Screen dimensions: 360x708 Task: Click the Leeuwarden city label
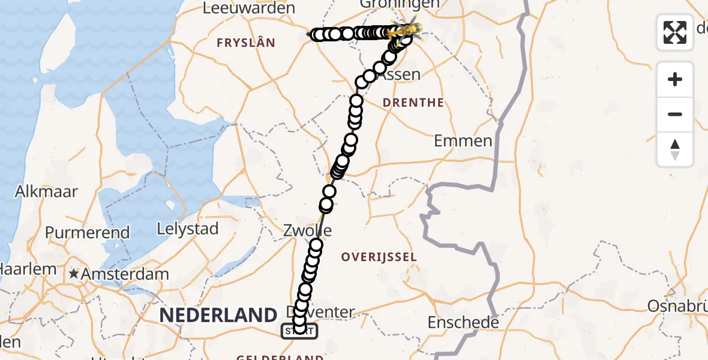pos(249,8)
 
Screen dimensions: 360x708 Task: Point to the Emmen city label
pos(463,141)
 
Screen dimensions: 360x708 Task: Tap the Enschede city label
pos(463,322)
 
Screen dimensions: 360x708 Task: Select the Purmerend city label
pos(87,232)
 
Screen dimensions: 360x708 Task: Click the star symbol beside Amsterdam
pos(74,274)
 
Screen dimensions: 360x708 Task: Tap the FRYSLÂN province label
pos(245,43)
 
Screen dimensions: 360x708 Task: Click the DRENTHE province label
pos(414,103)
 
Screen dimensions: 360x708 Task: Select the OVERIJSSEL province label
pos(379,257)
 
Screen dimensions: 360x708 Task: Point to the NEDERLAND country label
pos(218,314)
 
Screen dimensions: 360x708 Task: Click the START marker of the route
pos(299,330)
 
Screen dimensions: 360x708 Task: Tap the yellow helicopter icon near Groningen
pos(410,28)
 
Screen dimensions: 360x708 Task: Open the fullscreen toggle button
pos(675,32)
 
